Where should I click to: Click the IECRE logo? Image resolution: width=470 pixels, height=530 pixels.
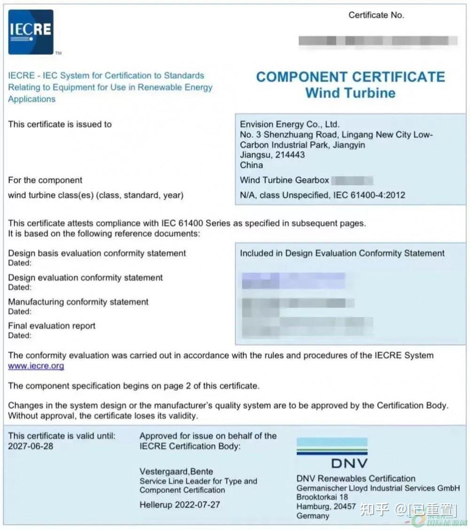click(31, 32)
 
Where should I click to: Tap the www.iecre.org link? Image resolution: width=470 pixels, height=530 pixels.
click(36, 366)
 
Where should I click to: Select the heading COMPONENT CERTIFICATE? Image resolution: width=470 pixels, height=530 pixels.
click(350, 77)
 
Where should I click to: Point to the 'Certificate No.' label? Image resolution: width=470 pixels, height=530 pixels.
click(376, 15)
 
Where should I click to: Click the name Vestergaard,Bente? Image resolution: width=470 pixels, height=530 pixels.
click(176, 471)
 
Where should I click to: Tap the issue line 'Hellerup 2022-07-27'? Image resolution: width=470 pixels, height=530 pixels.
click(180, 505)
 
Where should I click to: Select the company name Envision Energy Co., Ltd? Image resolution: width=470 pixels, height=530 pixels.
click(290, 125)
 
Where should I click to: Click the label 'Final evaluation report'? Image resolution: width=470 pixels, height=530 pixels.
click(52, 326)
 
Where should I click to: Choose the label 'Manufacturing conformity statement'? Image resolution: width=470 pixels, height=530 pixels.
click(78, 302)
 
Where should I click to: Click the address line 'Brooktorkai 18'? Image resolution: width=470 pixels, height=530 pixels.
click(322, 497)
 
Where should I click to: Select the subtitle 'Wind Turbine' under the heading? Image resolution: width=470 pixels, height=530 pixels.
click(350, 93)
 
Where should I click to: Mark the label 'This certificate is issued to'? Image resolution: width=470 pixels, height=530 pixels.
click(60, 125)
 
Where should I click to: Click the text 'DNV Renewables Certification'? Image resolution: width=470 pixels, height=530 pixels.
click(356, 479)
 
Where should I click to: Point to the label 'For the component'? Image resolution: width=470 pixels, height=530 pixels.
click(45, 180)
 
